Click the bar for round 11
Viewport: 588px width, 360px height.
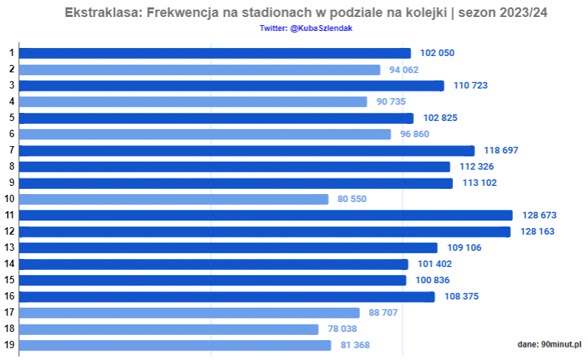point(266,215)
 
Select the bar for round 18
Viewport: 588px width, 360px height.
point(169,329)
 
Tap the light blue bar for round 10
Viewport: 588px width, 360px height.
point(173,199)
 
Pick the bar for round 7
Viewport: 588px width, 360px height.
point(246,150)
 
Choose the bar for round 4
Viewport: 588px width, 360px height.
point(193,102)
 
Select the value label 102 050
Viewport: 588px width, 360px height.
point(437,53)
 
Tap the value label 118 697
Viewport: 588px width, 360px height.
point(501,150)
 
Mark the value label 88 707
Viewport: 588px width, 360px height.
point(383,313)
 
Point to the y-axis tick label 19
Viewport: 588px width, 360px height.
point(10,345)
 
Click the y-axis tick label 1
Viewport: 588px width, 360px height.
point(12,53)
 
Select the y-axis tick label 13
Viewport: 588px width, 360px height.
point(10,248)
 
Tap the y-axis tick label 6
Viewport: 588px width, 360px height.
point(12,134)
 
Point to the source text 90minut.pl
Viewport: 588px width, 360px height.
point(561,345)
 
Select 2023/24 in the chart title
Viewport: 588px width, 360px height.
point(522,14)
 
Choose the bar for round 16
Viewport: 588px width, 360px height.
point(226,297)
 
